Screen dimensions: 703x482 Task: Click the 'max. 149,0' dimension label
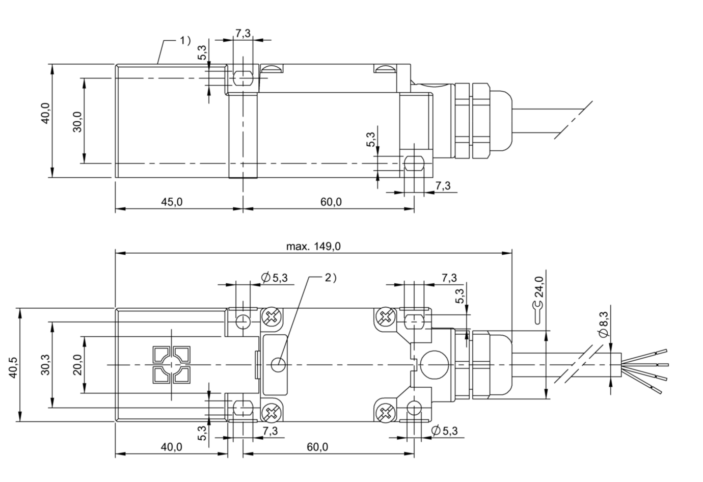pos(313,246)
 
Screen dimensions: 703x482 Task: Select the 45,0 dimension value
pos(172,202)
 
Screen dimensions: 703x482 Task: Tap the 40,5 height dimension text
pos(13,367)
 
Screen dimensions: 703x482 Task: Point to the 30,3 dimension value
pos(45,364)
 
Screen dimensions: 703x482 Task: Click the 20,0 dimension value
pos(77,365)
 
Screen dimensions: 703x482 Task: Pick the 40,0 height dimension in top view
pos(45,113)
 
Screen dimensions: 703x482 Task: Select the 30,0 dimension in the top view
pos(77,122)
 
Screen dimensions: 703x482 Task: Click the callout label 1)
pos(185,40)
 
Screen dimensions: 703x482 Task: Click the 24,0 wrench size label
pos(539,286)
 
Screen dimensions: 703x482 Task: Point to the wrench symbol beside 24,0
pos(538,312)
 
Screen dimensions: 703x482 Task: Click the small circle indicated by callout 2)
pos(278,365)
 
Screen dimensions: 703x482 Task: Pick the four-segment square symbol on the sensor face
pos(171,365)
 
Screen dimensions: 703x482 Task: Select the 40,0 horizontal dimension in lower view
pos(171,446)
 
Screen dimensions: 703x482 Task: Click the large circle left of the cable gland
pos(435,365)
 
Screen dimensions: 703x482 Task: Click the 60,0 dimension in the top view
pos(331,202)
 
